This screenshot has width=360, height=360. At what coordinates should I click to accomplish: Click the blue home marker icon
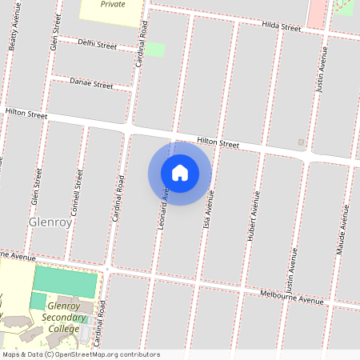coord(180,173)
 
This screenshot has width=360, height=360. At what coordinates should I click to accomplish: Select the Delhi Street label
coord(98,45)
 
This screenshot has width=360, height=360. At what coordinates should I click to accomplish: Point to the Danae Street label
coord(92,83)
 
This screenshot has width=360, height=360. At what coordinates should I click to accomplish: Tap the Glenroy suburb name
coord(50,222)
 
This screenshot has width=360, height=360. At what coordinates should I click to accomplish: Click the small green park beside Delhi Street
coord(154,50)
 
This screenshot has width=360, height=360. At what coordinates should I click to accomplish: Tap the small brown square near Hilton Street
coord(302,142)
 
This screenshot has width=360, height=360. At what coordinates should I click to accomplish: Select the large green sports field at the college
coord(65,282)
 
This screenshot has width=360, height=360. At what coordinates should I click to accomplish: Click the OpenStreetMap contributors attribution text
coord(80,354)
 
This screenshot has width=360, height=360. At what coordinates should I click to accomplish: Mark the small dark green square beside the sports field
coord(38,301)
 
